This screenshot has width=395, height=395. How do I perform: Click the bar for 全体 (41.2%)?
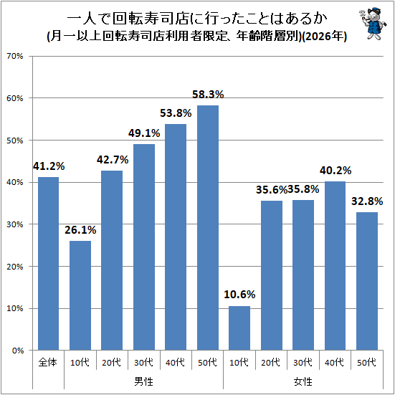coord(48,264)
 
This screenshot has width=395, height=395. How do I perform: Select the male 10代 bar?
coord(80,295)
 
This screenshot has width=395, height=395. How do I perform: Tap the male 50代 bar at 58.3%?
coord(208,228)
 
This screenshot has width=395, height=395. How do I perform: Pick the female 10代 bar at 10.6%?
coord(239,328)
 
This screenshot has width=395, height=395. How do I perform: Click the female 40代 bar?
coord(335,266)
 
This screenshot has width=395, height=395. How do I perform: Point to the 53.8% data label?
coord(176,113)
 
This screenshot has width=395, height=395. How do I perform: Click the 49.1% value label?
coord(144,133)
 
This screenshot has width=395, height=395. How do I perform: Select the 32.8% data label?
coord(367,201)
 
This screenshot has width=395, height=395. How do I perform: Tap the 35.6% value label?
coord(272,190)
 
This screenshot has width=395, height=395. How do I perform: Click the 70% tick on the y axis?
coord(15,56)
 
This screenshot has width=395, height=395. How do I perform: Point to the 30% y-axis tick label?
coord(15,224)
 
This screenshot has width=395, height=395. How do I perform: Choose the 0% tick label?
coord(18,351)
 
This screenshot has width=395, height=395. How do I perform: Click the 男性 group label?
coord(143,381)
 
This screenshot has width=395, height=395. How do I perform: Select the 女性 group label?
coord(303,381)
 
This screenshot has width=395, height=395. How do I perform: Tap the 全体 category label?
coord(48,363)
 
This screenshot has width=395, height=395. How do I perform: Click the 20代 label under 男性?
coord(112,363)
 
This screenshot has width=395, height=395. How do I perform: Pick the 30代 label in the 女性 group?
coord(303,363)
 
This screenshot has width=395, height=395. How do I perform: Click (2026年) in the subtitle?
coord(324,37)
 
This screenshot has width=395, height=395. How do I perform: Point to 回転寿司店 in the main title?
coord(150,19)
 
